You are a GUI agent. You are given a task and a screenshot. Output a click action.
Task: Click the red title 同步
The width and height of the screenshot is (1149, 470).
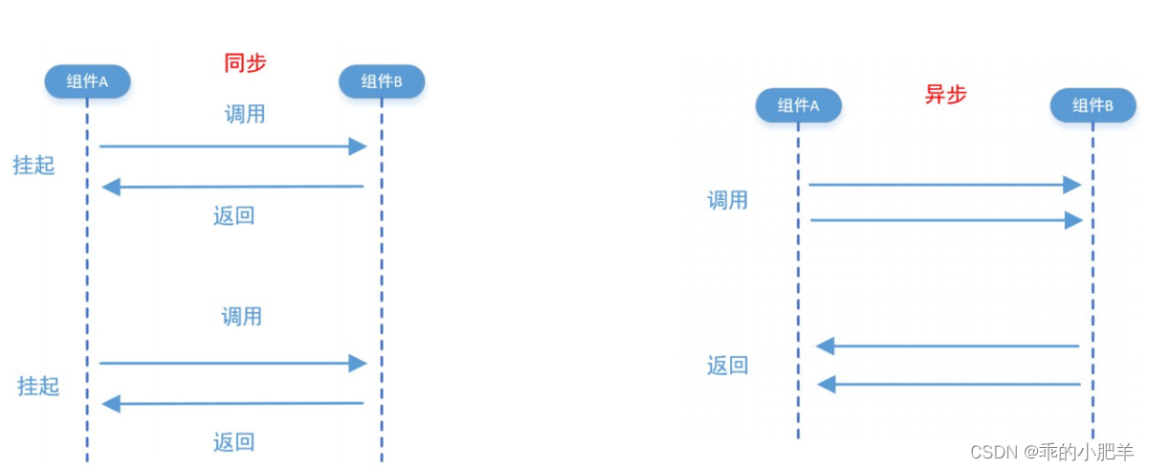[x=245, y=63]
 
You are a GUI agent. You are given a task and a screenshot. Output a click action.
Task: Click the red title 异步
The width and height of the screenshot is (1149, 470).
[x=945, y=95]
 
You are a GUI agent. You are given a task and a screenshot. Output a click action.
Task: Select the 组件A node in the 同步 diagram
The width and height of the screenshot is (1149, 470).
[x=87, y=81]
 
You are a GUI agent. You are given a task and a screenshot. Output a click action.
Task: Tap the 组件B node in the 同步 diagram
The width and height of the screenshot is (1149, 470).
[x=382, y=81]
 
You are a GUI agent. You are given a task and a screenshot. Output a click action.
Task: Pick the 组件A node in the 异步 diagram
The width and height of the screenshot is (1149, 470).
[x=798, y=105]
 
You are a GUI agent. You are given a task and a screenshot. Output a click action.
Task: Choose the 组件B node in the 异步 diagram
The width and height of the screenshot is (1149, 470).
[x=1094, y=105]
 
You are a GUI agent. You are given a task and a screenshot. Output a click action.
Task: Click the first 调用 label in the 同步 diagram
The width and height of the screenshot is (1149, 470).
[x=245, y=114]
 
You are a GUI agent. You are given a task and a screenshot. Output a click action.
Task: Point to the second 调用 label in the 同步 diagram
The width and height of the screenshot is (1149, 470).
[x=242, y=317]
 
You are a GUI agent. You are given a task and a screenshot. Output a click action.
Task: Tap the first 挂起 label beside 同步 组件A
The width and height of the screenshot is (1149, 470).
[x=33, y=166]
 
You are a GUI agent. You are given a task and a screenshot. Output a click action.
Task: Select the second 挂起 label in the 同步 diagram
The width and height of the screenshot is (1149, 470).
[x=38, y=386]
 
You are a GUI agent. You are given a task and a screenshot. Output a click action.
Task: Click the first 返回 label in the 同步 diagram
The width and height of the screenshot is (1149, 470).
[x=233, y=215]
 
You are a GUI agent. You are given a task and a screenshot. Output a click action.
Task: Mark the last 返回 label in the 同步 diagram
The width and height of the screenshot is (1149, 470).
[x=233, y=442]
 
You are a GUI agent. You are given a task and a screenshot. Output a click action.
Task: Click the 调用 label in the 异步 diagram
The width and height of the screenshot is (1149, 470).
[x=727, y=200]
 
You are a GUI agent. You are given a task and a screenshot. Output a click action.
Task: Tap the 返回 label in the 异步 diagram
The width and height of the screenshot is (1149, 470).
[x=727, y=366]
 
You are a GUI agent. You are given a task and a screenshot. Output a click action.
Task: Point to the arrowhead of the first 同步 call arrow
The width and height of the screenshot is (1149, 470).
[x=358, y=146]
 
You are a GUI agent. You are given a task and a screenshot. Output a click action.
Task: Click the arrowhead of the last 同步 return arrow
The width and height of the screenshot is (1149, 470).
[x=111, y=404]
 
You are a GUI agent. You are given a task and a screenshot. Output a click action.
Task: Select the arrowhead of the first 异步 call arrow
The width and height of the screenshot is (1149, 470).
[x=1072, y=185]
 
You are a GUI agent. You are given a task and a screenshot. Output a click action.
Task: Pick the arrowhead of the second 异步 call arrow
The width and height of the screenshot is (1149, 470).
[x=1073, y=220]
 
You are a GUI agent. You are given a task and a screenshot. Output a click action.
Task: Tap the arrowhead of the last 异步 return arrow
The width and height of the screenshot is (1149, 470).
[x=827, y=384]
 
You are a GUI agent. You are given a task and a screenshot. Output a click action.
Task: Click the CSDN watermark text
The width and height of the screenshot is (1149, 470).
[x=1051, y=452]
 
